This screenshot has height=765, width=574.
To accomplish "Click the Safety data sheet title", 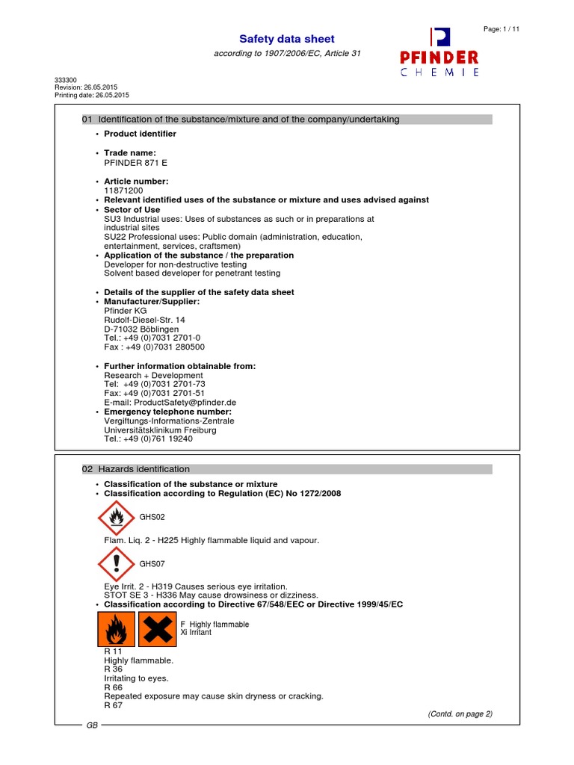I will click(x=286, y=39).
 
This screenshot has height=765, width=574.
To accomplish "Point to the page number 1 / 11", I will click(x=502, y=28).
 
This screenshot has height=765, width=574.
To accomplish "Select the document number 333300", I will click(x=67, y=80).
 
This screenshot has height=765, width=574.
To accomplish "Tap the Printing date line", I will click(x=92, y=95).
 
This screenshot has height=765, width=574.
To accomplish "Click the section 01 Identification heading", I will click(x=240, y=120).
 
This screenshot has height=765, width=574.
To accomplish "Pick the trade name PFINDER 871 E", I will click(x=135, y=162).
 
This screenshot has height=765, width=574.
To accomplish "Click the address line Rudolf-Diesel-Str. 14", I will click(x=144, y=320).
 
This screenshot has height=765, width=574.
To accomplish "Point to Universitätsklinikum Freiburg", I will click(x=160, y=430).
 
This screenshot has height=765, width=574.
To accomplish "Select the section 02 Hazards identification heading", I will click(x=135, y=469).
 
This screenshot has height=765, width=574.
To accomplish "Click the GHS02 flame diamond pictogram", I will click(x=115, y=516).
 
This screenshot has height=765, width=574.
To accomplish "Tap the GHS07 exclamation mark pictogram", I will click(x=115, y=563).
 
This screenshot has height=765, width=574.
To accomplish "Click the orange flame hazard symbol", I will click(x=116, y=630).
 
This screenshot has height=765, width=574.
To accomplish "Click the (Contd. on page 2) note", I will click(x=460, y=713).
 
